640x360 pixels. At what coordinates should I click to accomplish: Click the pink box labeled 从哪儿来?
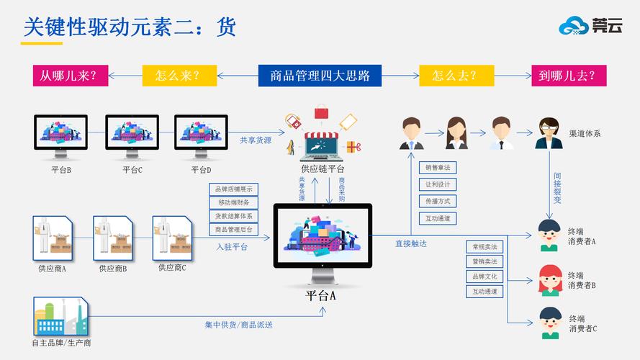[x=71, y=76]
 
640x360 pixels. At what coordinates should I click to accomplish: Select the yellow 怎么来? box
[x=179, y=76]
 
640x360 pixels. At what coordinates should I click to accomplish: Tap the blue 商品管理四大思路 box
[x=320, y=76]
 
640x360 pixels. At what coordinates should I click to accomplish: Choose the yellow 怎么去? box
[x=456, y=76]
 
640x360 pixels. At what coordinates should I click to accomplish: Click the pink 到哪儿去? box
[x=569, y=76]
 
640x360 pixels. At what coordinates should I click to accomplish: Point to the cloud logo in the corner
[x=574, y=26]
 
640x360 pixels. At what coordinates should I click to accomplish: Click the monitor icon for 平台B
[x=60, y=137]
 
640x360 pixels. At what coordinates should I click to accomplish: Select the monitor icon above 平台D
[x=201, y=137]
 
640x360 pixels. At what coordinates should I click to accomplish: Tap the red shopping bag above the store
[x=321, y=112]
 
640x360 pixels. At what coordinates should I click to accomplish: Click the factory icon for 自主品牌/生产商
[x=61, y=317]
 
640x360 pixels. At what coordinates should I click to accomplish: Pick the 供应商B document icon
[x=113, y=238]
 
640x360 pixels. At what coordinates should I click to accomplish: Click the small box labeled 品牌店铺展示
[x=233, y=189]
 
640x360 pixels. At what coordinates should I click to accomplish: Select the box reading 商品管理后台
[x=233, y=230]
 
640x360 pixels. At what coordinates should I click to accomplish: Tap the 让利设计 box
[x=438, y=184]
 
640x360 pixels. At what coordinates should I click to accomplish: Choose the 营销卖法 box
[x=484, y=261]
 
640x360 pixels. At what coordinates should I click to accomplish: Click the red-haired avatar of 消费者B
[x=550, y=280]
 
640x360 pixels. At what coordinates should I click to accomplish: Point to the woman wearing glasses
[x=549, y=133]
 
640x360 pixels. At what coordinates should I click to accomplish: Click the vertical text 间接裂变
[x=557, y=188]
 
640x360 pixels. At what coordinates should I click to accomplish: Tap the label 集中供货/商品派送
[x=238, y=325]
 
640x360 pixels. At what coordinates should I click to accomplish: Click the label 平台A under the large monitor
[x=320, y=295]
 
